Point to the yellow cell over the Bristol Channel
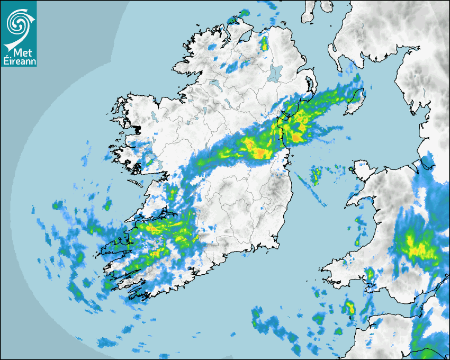coord(349,307)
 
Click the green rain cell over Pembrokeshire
coord(370,274)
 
